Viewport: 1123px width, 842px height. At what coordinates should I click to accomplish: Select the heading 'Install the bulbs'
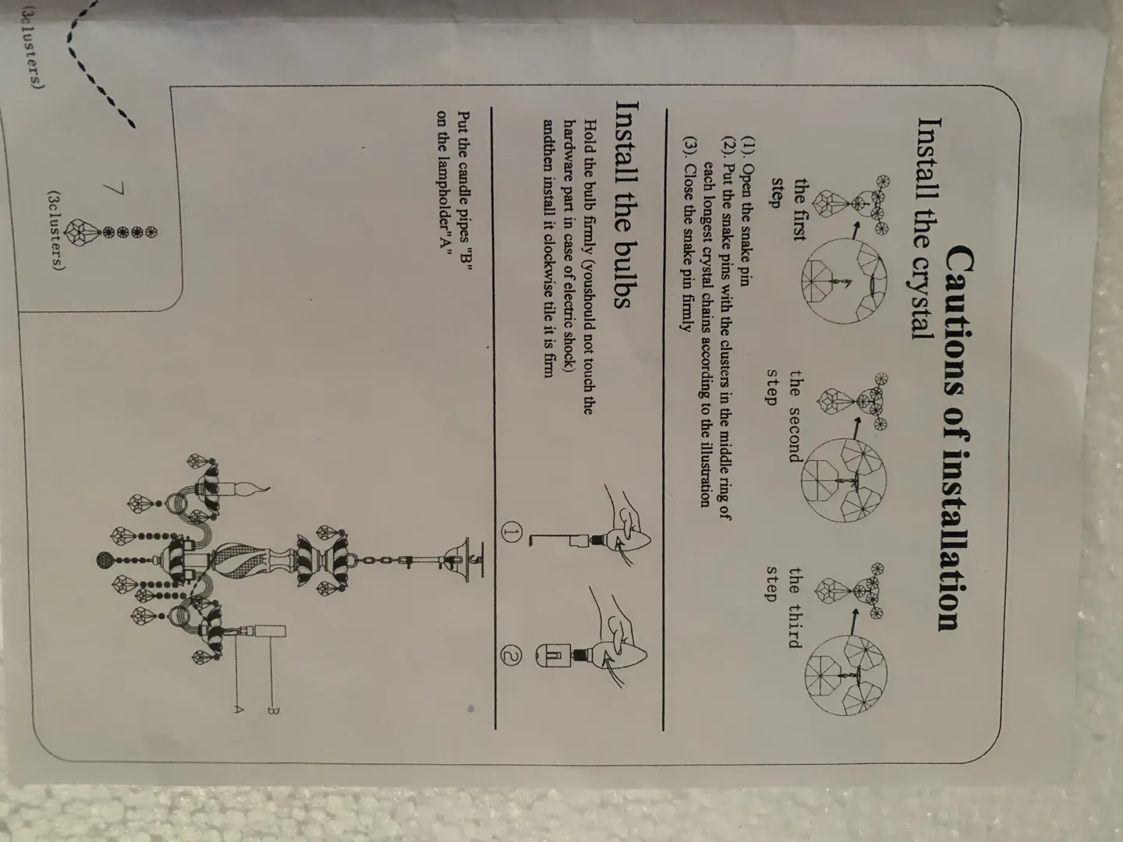624,203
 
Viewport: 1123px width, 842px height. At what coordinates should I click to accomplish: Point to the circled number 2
512,658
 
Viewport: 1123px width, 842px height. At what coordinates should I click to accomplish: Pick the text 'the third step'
784,607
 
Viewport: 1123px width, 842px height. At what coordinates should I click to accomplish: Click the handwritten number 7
115,189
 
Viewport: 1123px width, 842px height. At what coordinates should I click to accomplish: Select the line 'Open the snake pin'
745,210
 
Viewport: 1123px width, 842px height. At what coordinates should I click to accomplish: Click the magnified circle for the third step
845,674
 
